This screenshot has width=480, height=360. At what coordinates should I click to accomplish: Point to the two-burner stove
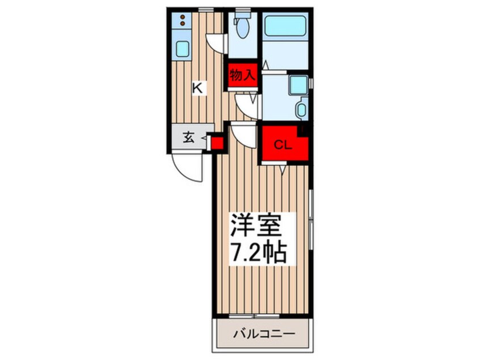(x=182, y=21)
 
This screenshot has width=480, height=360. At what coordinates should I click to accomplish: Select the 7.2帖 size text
(x=257, y=252)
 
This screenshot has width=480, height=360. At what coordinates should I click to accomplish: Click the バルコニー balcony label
(x=264, y=334)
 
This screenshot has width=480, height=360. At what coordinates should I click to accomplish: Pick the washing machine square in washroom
(x=297, y=85)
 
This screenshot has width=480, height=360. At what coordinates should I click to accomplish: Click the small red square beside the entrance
(x=216, y=142)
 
